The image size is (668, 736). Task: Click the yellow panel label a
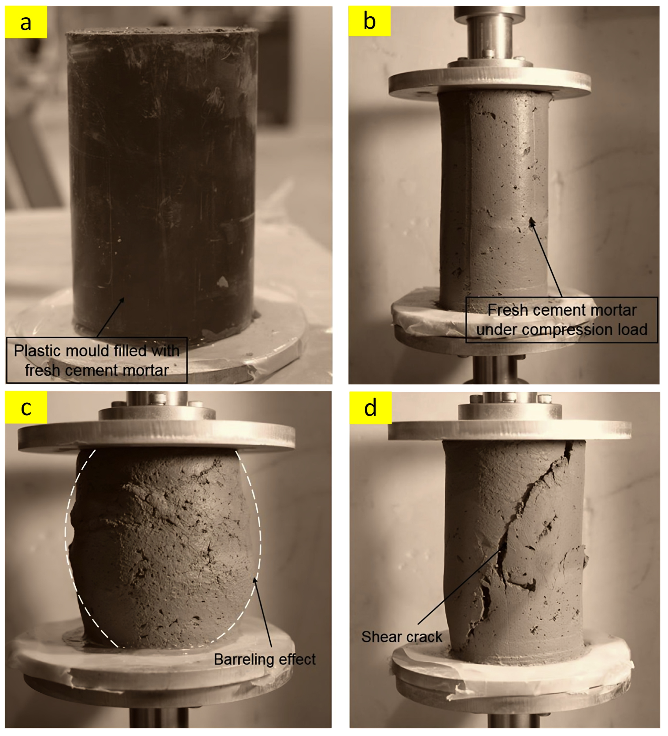tap(26, 22)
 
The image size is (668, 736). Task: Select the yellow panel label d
tap(371, 408)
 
